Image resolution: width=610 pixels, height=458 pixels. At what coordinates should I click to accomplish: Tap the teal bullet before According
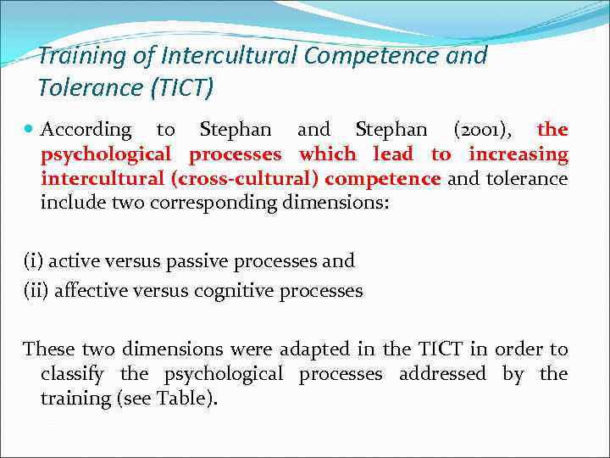[29, 130]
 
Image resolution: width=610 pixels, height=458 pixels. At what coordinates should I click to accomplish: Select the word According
[86, 131]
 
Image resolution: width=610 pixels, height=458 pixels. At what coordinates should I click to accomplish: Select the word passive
[206, 260]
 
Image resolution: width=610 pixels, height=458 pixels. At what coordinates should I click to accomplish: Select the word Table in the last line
[182, 398]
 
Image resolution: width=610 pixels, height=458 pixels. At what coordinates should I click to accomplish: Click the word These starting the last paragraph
[51, 349]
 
